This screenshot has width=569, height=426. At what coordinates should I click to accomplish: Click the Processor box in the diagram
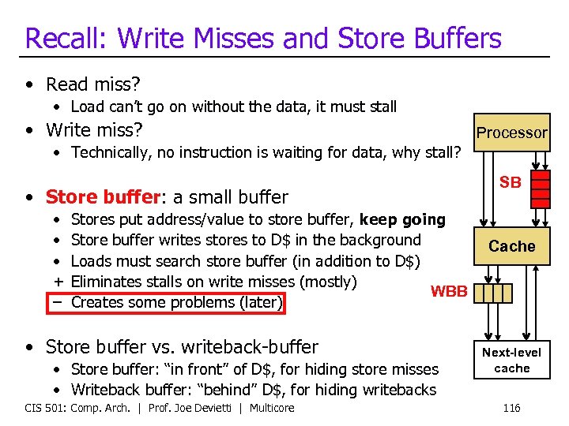click(x=511, y=133)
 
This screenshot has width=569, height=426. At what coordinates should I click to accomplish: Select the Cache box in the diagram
click(x=511, y=246)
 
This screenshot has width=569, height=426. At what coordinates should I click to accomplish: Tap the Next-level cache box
click(x=511, y=360)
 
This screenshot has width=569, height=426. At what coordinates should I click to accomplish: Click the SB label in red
click(x=510, y=182)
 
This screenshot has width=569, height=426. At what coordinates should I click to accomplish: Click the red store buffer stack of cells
click(x=540, y=189)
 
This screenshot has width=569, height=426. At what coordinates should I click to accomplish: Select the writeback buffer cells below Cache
click(x=497, y=293)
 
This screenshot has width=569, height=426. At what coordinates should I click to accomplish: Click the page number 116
click(x=511, y=407)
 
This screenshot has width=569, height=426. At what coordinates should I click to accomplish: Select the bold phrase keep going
click(x=402, y=219)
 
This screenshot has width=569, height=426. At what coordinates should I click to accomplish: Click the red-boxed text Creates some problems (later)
click(x=176, y=302)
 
